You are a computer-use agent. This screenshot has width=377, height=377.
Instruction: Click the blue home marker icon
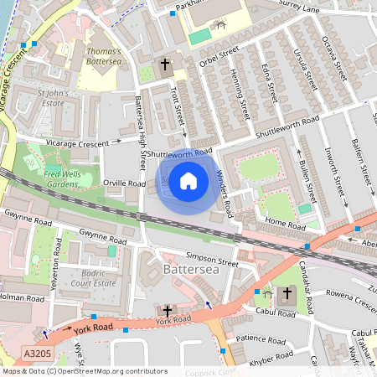(x=188, y=181)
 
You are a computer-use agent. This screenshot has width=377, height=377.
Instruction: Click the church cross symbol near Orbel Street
(x=165, y=64)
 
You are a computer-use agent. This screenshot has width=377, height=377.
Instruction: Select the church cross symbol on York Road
(x=168, y=311)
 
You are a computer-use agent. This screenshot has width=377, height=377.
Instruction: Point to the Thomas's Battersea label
(x=103, y=55)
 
